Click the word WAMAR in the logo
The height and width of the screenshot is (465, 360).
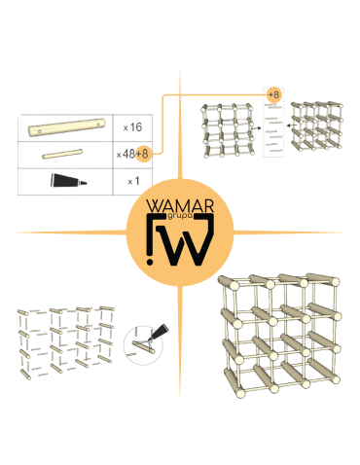[179, 207]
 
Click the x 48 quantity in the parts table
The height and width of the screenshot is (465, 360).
[125, 154]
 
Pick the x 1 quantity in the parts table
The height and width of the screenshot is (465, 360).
[132, 182]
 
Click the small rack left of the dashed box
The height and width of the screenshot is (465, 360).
[230, 129]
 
